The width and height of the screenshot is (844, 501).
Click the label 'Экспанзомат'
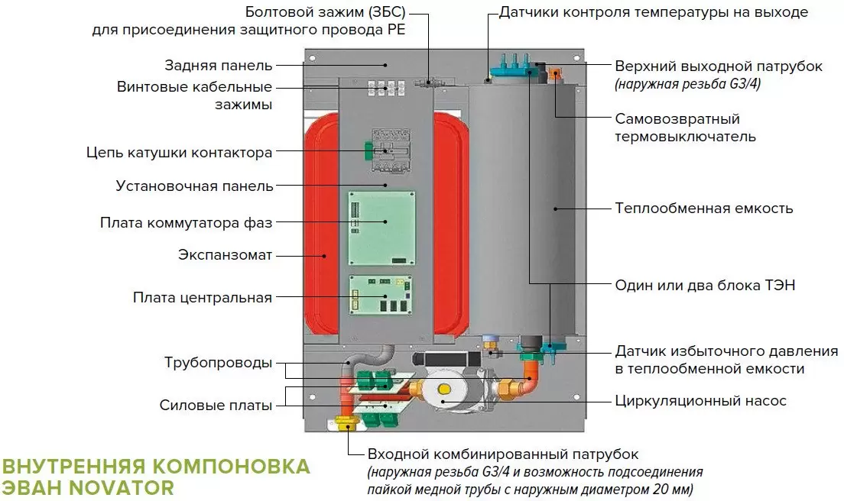(225, 254)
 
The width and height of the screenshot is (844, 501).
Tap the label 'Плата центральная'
(202, 297)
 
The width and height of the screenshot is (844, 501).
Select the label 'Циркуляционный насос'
(700, 400)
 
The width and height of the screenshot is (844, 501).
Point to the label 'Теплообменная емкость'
(704, 208)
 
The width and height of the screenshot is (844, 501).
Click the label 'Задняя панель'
(218, 65)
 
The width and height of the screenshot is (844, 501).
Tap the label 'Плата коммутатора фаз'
(186, 223)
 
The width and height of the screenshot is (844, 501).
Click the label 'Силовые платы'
(216, 406)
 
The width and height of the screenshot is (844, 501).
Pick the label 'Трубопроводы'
(218, 363)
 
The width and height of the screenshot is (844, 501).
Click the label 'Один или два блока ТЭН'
(705, 285)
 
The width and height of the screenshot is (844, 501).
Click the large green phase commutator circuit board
(382, 228)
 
